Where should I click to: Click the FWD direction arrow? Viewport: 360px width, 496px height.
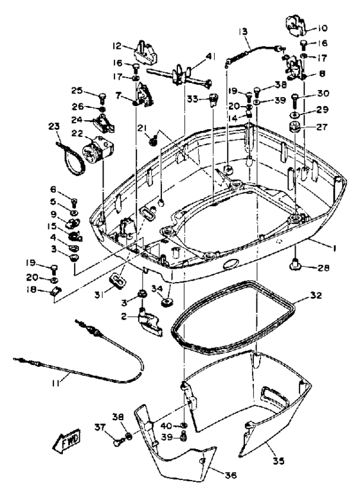click(x=66, y=439)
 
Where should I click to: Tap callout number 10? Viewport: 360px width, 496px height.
click(x=321, y=28)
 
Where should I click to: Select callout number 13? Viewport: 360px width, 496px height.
click(x=243, y=31)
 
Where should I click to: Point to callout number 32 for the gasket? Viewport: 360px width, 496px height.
click(x=316, y=296)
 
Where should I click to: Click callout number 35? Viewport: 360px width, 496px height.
click(x=278, y=461)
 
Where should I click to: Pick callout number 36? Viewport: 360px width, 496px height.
click(x=230, y=475)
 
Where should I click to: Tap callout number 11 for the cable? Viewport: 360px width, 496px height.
click(x=56, y=383)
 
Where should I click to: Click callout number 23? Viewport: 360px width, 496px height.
click(x=54, y=127)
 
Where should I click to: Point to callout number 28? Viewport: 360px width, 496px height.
click(x=323, y=268)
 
